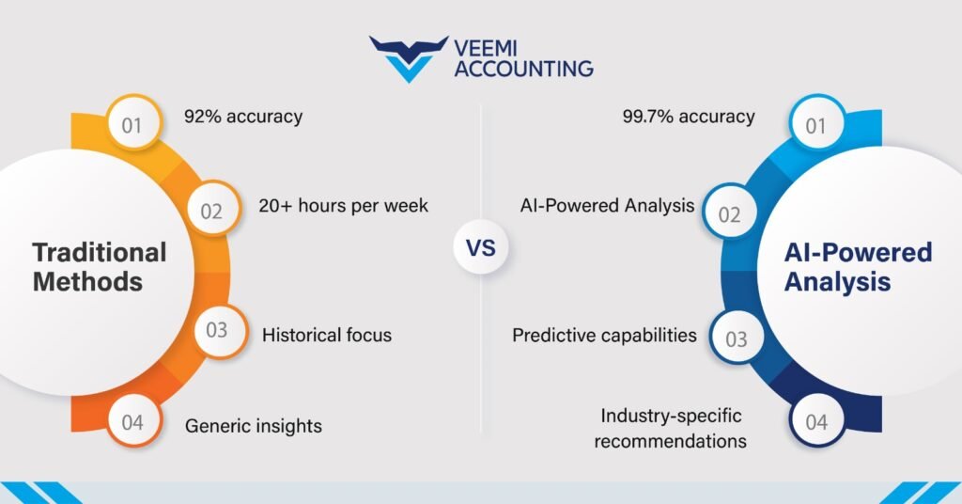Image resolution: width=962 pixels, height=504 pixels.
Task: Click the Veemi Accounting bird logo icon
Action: [x=409, y=57]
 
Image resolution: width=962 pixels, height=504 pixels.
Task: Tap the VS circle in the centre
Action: [x=480, y=249]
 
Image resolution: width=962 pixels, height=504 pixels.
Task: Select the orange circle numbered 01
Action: [x=132, y=123]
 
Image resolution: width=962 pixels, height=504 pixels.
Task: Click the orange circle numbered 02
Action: [x=211, y=210]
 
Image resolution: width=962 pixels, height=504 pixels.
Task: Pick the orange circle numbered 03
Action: [x=217, y=330]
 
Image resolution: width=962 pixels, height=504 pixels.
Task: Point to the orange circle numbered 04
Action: [x=132, y=422]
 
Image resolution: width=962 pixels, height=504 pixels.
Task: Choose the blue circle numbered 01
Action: [x=816, y=123]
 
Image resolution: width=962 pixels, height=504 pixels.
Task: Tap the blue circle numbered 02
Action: [x=730, y=213]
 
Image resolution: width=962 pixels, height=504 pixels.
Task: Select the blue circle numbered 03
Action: [x=737, y=338]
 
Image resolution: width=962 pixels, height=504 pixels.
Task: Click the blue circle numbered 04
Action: [x=816, y=422]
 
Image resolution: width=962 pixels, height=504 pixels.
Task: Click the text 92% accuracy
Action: [x=243, y=117]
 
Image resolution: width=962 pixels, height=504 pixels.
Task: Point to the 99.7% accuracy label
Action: [x=688, y=117]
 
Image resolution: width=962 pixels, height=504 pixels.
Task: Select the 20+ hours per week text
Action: [x=343, y=205]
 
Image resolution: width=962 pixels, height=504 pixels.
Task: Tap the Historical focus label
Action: [x=327, y=334]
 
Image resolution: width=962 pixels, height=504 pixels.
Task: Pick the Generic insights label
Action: [x=254, y=426]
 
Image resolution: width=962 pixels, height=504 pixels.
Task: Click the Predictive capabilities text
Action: [x=605, y=334]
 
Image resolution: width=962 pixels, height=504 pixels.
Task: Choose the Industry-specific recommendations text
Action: [x=671, y=428]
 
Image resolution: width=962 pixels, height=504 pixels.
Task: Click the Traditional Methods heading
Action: [x=100, y=266]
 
